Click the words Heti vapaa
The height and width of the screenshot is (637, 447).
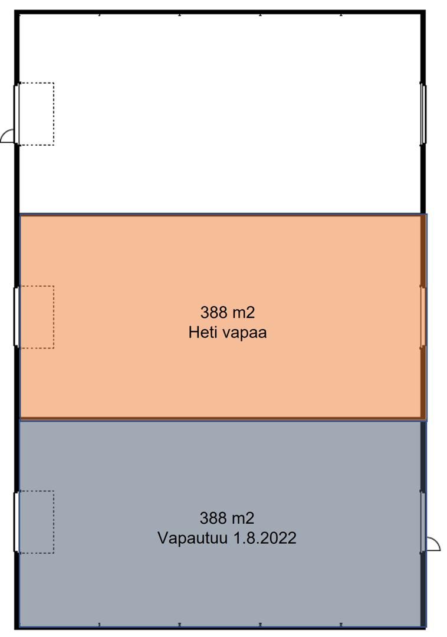pos(228,333)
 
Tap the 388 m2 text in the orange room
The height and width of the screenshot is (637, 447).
pos(228,313)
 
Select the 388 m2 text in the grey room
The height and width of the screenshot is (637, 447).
pos(227,518)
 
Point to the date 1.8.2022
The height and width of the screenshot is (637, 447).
pos(264,538)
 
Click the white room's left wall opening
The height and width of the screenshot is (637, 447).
pos(17,114)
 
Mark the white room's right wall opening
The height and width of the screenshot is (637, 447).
pos(423,114)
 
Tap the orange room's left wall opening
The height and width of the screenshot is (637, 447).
pos(17,317)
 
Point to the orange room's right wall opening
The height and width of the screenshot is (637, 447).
pos(423,317)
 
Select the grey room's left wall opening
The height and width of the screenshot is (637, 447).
pos(17,522)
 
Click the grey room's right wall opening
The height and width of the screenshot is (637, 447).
pos(423,522)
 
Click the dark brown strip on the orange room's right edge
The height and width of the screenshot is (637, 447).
pos(423,317)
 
